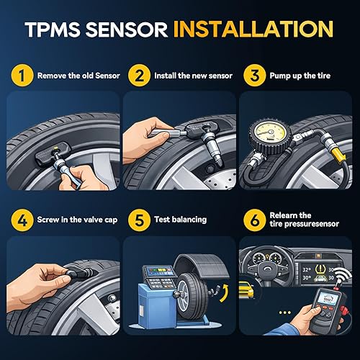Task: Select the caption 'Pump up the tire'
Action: pos(300,75)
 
